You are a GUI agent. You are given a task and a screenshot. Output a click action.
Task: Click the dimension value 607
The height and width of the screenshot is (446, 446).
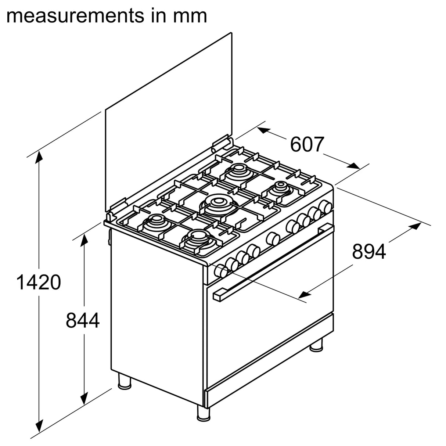[x=307, y=144]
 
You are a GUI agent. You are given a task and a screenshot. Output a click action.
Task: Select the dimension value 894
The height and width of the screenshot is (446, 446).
[x=369, y=252]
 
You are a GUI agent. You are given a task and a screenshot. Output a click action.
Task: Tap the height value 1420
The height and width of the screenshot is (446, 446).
[x=39, y=283]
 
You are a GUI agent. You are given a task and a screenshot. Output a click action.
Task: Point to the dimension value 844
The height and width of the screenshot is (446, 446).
[x=83, y=320]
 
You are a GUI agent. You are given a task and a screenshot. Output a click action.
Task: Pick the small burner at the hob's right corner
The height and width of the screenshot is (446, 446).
[x=282, y=188]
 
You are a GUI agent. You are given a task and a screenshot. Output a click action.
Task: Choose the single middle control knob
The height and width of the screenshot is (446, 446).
[x=273, y=239]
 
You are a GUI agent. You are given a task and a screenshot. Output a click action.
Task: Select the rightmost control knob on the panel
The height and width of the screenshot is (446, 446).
[x=325, y=206]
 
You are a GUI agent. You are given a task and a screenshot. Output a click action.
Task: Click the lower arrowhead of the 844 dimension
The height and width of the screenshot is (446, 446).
[x=84, y=398]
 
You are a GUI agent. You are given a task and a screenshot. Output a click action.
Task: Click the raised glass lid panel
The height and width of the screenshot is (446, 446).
[x=169, y=121]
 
